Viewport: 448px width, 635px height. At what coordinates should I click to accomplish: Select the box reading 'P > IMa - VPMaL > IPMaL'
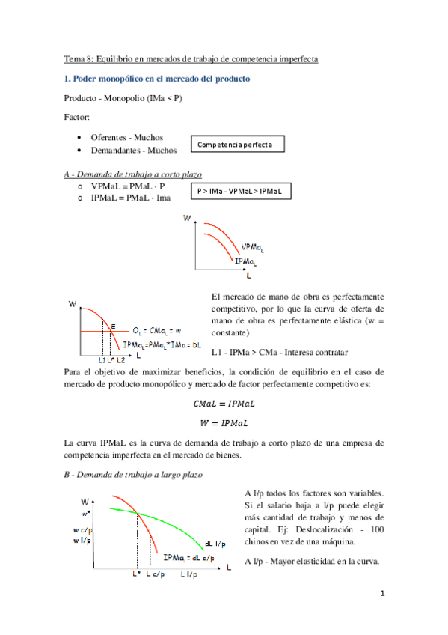pyautogui.click(x=239, y=192)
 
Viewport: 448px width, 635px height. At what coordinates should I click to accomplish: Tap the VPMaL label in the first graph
pyautogui.click(x=253, y=247)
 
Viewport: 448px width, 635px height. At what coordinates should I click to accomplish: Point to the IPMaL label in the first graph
pyautogui.click(x=245, y=261)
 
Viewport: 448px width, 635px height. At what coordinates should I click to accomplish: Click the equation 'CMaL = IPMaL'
pyautogui.click(x=224, y=403)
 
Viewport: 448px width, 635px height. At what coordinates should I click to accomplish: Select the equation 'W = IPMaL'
pyautogui.click(x=224, y=423)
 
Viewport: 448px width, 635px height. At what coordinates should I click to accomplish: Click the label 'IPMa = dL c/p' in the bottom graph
pyautogui.click(x=189, y=556)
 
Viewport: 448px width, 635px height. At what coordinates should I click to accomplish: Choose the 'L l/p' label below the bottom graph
pyautogui.click(x=189, y=574)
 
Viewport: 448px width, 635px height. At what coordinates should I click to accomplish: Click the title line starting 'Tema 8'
pyautogui.click(x=190, y=58)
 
